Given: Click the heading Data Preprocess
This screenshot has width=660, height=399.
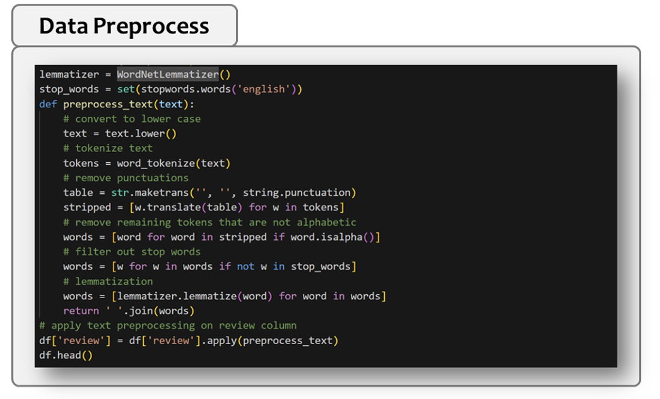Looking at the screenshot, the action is (124, 26).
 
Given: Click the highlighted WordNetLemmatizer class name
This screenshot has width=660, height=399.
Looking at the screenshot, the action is (168, 74).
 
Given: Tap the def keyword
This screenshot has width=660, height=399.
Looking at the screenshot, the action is (48, 104).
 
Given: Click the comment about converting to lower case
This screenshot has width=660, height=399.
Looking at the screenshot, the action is (132, 119).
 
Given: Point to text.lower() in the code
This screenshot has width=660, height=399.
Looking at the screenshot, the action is (141, 134).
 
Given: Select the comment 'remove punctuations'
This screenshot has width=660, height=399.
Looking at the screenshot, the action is (126, 178).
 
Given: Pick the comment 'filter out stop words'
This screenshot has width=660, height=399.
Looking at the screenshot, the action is (132, 252).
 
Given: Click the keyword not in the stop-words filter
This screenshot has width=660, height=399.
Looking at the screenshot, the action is (245, 266).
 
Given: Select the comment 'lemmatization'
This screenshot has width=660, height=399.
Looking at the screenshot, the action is (108, 282).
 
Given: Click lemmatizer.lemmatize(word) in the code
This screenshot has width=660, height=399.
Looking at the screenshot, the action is (194, 296).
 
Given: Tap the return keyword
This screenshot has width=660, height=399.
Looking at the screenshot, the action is (81, 311).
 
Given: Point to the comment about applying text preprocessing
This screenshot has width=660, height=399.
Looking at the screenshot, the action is (168, 326).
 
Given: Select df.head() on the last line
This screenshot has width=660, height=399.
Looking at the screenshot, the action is (66, 355).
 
